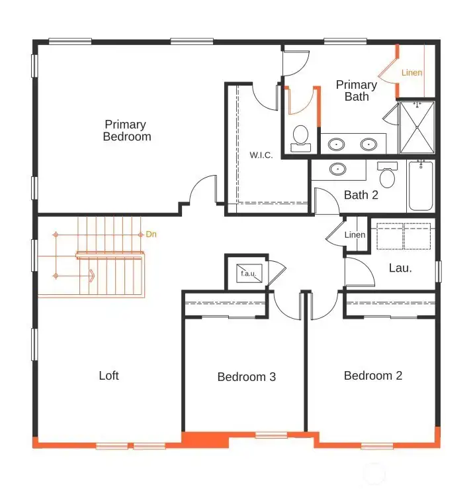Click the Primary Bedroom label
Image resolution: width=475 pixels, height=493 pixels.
126,131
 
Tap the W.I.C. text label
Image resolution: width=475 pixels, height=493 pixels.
261,155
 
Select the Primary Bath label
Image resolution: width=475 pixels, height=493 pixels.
357,91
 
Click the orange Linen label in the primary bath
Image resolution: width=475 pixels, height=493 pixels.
411,72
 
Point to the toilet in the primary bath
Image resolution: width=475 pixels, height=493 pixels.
301,137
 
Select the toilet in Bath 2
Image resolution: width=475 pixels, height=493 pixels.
387,176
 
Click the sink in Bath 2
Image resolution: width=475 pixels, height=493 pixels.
337,169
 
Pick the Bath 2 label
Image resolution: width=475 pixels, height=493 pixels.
361,195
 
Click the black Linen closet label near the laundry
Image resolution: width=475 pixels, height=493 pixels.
355,235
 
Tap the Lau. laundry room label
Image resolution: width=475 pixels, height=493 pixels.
400,268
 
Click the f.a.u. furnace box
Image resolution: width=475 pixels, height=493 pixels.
247,272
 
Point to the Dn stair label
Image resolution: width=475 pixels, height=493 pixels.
151,235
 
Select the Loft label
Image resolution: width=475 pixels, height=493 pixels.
108,376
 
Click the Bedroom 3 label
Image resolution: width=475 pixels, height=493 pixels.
246,377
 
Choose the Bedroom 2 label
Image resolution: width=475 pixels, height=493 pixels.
372,376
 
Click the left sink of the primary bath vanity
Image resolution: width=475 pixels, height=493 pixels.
337,143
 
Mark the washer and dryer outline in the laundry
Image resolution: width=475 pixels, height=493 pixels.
404,237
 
